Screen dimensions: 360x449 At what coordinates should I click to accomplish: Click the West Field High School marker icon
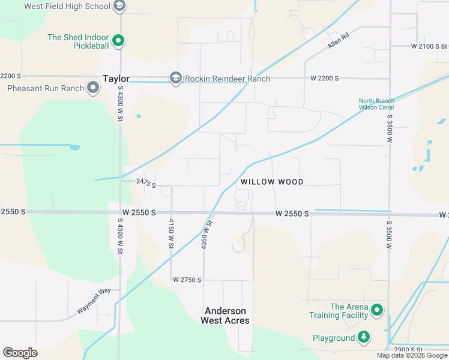click(x=119, y=6)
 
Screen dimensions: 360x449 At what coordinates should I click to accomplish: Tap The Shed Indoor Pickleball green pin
click(x=119, y=41)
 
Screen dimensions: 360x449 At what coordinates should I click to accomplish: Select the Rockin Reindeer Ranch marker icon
click(x=176, y=78)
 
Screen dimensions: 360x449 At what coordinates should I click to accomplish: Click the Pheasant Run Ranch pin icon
click(x=93, y=89)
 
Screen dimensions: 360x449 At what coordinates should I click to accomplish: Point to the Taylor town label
click(x=116, y=78)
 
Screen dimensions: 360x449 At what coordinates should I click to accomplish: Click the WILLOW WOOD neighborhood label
click(x=272, y=182)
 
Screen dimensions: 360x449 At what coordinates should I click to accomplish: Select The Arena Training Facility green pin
click(x=376, y=310)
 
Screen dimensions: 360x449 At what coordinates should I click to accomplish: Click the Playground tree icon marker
click(x=363, y=338)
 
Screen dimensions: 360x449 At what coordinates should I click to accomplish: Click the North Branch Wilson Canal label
click(x=376, y=104)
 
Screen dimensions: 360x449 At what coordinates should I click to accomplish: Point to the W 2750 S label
click(x=187, y=280)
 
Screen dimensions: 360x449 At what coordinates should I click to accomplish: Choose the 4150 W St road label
click(x=171, y=234)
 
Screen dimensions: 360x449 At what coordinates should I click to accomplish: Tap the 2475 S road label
click(x=146, y=183)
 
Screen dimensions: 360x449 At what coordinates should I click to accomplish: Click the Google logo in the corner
click(x=20, y=352)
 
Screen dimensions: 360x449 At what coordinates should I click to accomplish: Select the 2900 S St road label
click(x=409, y=350)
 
